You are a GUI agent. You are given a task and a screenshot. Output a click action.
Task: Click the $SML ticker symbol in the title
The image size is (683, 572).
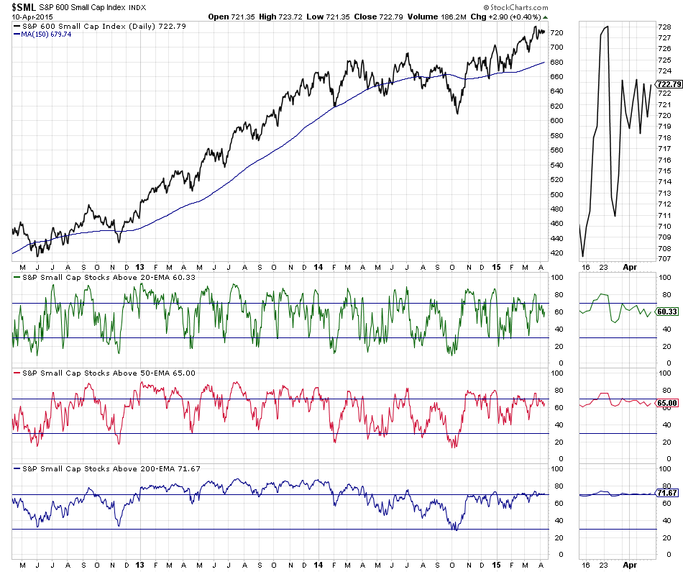(x=24, y=6)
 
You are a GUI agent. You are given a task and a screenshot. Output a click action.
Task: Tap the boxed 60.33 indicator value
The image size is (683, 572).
(x=668, y=312)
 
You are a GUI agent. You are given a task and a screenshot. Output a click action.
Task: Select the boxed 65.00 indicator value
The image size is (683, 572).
(x=668, y=404)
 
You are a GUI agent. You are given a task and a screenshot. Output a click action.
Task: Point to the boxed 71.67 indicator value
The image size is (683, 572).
(x=668, y=494)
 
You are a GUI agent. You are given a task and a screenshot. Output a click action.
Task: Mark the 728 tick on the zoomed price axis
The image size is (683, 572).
(x=664, y=27)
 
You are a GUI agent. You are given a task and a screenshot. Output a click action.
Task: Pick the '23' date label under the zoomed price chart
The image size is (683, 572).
(x=604, y=265)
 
